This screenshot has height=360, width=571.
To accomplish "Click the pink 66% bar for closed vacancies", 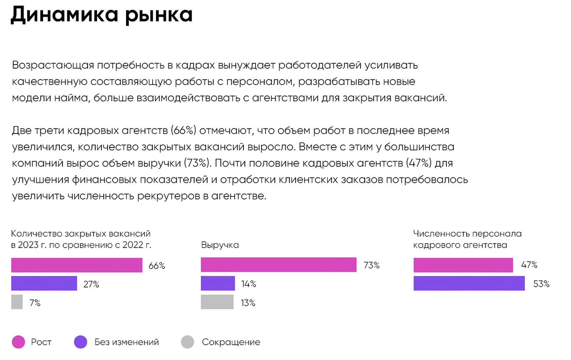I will pyautogui.click(x=77, y=265).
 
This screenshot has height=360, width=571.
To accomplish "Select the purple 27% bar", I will pyautogui.click(x=44, y=283).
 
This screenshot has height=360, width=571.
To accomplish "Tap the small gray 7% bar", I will pyautogui.click(x=17, y=302).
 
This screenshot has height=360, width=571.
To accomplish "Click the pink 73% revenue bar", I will pyautogui.click(x=278, y=265).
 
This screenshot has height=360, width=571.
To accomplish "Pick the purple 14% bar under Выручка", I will pyautogui.click(x=218, y=283).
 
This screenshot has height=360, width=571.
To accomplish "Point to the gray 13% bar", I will pyautogui.click(x=217, y=302).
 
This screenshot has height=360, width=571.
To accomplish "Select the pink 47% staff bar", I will pyautogui.click(x=463, y=265).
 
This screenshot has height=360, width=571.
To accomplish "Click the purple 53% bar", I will pyautogui.click(x=469, y=283).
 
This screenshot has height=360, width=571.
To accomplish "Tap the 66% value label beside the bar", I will pyautogui.click(x=157, y=266).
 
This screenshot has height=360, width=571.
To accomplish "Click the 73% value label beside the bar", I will pyautogui.click(x=372, y=265).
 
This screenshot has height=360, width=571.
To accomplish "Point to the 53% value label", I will pyautogui.click(x=541, y=284).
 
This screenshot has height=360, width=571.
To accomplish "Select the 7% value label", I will pyautogui.click(x=35, y=303).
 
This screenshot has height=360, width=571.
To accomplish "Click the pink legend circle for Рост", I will pyautogui.click(x=18, y=342).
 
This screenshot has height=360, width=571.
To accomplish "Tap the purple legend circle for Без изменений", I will pyautogui.click(x=80, y=342).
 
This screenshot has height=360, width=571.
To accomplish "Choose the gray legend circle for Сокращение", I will pyautogui.click(x=187, y=342).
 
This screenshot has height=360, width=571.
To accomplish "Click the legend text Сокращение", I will pyautogui.click(x=231, y=342).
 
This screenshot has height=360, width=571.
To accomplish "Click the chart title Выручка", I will pyautogui.click(x=220, y=245).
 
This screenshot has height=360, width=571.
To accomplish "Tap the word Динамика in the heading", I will pyautogui.click(x=64, y=15).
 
